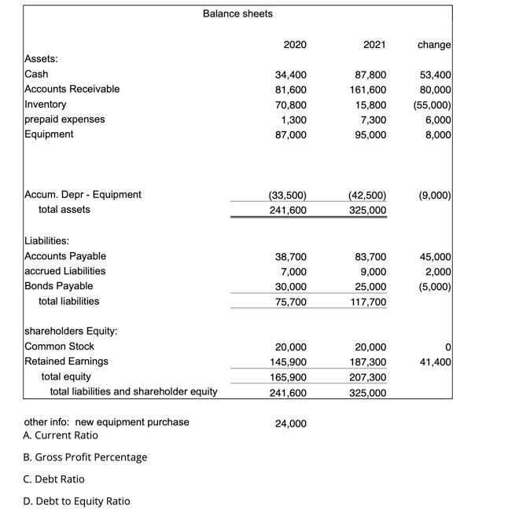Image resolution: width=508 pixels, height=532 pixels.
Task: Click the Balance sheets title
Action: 238,13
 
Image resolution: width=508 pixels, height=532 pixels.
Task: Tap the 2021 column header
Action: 374,45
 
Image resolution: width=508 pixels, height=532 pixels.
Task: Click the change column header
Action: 434,45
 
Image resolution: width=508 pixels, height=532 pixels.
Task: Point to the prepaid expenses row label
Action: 65,119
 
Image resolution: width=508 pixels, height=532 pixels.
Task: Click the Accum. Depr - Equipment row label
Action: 83,194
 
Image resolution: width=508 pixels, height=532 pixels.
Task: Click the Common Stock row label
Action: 60,347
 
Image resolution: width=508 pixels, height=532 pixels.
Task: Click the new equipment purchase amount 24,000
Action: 291,424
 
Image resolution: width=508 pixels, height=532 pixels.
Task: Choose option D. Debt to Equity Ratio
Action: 79,501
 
